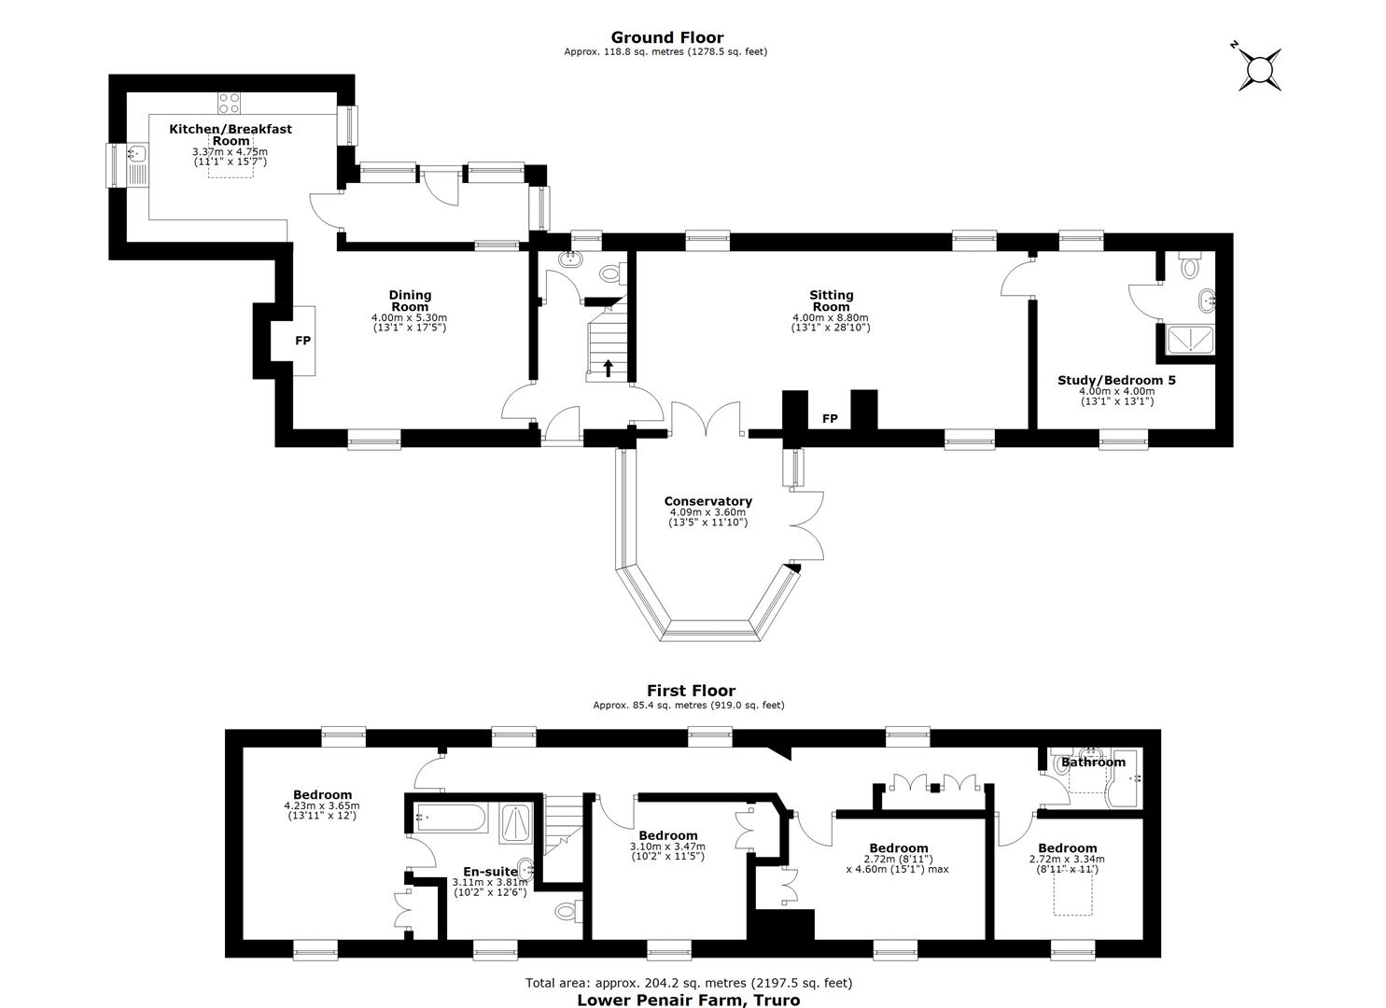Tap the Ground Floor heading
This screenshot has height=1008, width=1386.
667,37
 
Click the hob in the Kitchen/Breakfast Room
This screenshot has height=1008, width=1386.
229,103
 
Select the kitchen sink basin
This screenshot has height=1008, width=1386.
136,153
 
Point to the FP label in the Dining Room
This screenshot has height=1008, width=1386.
302,341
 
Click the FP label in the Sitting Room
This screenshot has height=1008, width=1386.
830,419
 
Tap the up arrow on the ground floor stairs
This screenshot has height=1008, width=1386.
609,368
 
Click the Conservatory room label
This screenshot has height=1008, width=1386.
707,501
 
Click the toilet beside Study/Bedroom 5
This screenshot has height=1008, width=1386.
1189,264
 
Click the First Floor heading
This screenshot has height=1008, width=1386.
692,691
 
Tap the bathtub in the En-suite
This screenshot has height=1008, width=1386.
451,818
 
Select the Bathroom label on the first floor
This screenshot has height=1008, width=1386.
1093,763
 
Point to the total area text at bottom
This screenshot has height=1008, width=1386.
689,983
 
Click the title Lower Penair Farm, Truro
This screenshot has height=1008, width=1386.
689,1000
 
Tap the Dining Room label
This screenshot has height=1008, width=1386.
410,301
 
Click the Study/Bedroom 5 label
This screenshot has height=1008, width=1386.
1116,381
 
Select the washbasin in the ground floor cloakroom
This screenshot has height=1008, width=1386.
569,259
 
